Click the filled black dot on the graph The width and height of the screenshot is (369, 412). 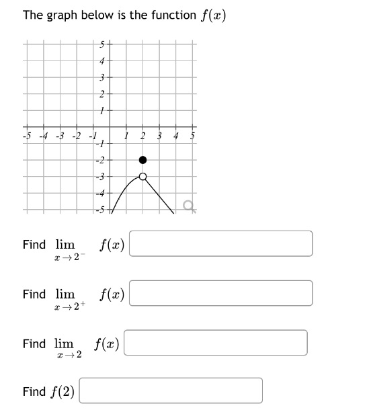[142, 160]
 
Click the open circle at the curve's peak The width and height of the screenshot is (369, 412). [142, 177]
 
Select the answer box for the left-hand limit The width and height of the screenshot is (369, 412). [220, 244]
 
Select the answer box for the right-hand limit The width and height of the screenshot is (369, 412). [220, 293]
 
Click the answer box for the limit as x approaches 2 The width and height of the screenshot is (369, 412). [216, 343]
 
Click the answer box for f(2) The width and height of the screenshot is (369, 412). [171, 390]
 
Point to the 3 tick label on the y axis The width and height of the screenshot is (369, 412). [102, 79]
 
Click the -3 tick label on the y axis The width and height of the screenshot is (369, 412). [101, 177]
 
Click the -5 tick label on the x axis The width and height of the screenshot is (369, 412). [28, 137]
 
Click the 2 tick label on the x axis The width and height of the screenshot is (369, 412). [142, 137]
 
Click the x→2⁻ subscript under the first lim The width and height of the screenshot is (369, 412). [71, 257]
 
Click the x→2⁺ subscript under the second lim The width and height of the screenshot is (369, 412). [71, 307]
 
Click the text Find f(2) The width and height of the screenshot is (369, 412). [48, 391]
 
